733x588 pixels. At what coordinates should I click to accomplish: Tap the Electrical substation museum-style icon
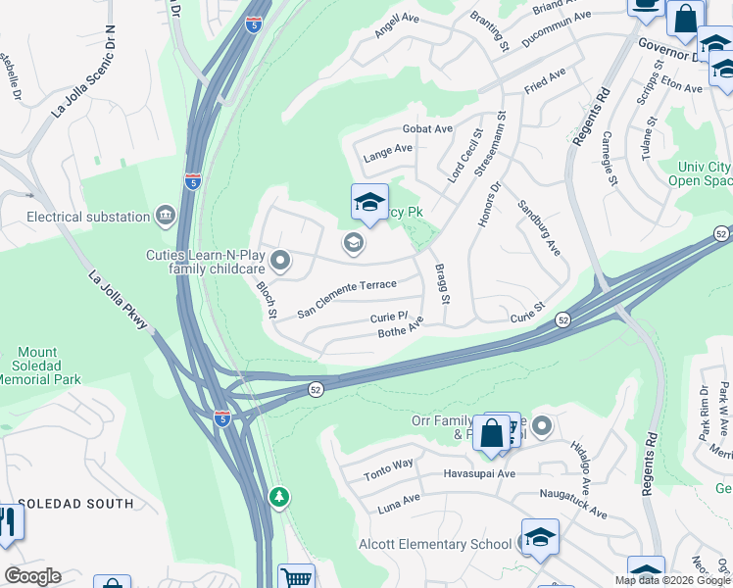tap(166, 216)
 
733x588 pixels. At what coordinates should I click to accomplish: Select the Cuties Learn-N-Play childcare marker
tap(280, 260)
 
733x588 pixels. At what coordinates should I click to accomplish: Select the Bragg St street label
tap(444, 282)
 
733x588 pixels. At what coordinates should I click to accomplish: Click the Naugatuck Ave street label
tap(571, 506)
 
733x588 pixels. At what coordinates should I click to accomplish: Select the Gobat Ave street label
tap(427, 128)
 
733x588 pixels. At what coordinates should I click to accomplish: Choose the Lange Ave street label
tap(388, 150)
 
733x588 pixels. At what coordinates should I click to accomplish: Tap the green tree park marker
tap(280, 497)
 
